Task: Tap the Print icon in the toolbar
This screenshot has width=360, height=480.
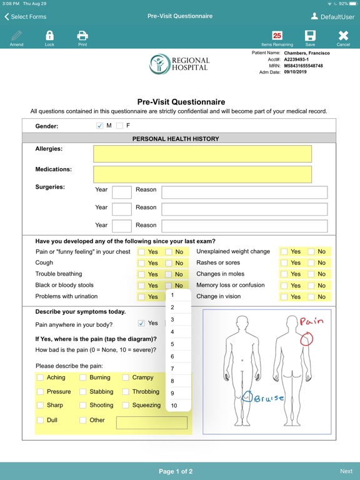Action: (x=82, y=36)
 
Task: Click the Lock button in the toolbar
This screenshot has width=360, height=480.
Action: (x=49, y=36)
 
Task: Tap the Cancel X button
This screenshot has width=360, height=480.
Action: (x=343, y=36)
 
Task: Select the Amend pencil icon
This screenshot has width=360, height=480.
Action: (x=16, y=36)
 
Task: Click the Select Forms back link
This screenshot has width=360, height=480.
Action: (x=26, y=17)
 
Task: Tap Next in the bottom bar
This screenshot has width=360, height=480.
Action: (x=346, y=471)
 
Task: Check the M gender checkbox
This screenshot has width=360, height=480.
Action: (x=99, y=126)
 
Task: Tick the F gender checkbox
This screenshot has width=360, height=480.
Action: (x=119, y=126)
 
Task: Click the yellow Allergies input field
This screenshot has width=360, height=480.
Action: (x=202, y=154)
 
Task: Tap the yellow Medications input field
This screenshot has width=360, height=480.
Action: (x=202, y=174)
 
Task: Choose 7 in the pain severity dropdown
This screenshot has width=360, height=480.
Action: (x=172, y=369)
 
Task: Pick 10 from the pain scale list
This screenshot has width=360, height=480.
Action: (x=174, y=406)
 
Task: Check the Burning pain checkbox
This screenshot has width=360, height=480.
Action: (x=83, y=377)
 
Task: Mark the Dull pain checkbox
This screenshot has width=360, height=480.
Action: (x=41, y=421)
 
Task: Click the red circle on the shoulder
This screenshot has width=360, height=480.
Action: (x=306, y=339)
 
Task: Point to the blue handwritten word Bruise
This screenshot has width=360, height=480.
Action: (x=269, y=397)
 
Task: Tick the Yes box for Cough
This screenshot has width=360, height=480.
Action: (x=142, y=263)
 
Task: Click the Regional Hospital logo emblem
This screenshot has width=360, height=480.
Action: (x=159, y=64)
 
